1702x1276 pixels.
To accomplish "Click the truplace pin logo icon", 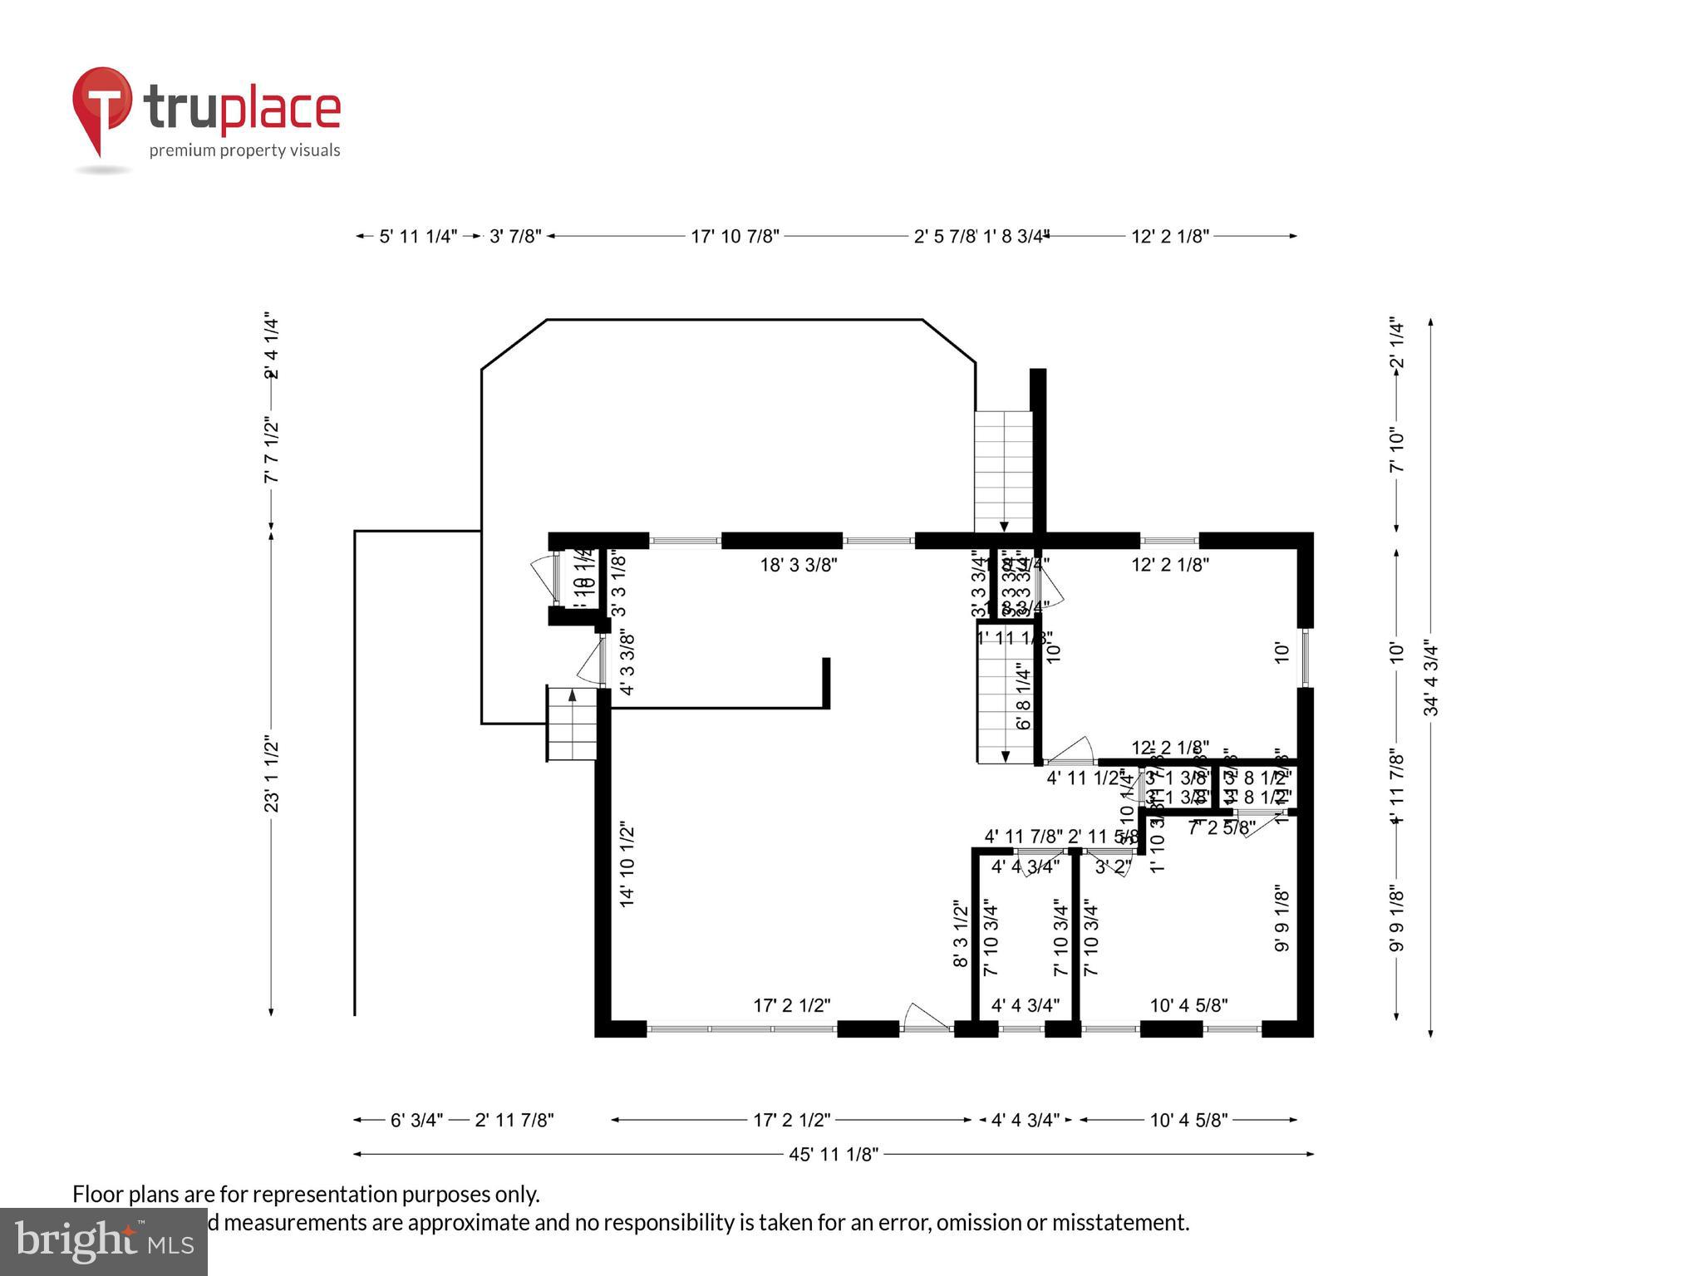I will [x=101, y=108].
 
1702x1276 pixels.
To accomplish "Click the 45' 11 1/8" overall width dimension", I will [x=833, y=1154].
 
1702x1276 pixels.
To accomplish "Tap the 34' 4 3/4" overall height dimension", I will [x=1431, y=677].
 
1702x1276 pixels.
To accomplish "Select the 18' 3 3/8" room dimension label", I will [x=798, y=565].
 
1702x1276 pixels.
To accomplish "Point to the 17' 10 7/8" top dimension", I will [x=735, y=237].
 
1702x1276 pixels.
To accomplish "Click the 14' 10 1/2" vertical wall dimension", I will [x=627, y=864].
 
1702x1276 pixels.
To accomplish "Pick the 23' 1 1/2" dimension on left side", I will [x=272, y=773].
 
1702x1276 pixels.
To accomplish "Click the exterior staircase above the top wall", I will [x=1003, y=472].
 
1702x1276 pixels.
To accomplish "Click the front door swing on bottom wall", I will [x=924, y=1018].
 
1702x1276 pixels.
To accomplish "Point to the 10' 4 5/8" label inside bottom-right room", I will [x=1188, y=1005].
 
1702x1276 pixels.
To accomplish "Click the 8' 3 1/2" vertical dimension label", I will [x=961, y=934].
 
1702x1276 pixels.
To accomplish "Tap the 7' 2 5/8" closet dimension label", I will [x=1221, y=828].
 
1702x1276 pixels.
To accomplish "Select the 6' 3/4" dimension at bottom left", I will [x=416, y=1120].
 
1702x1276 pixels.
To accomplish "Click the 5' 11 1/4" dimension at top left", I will [x=418, y=237].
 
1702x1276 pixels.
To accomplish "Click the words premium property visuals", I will [x=244, y=150].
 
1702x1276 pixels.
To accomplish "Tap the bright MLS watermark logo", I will [x=103, y=1242].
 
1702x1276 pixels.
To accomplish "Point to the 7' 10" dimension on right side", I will [x=1397, y=450].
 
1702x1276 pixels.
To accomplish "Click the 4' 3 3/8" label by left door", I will [x=627, y=665].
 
